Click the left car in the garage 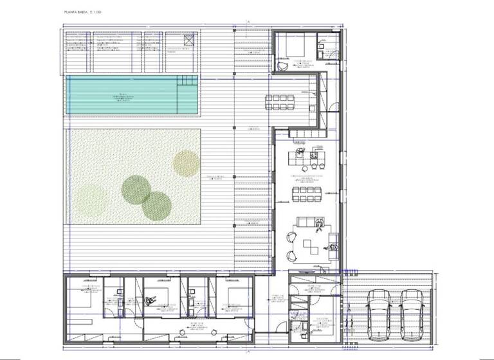[378, 308]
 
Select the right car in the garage [411, 308]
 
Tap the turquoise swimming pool [122, 96]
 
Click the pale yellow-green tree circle [187, 163]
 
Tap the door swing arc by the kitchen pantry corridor [334, 110]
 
